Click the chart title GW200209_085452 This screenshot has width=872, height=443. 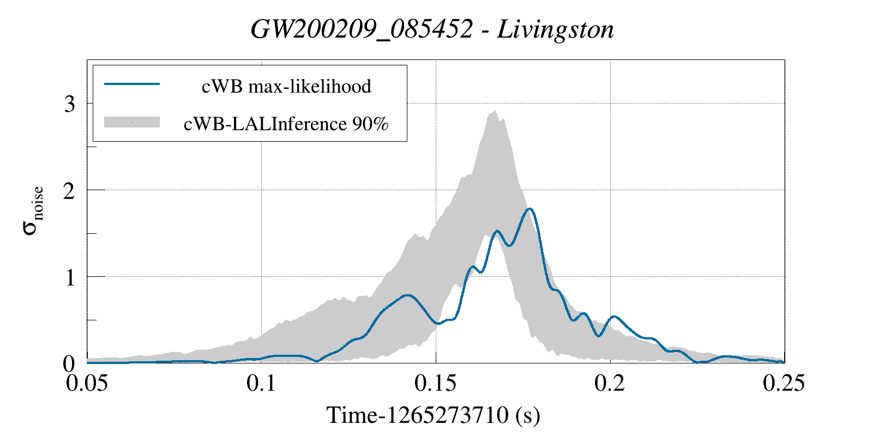pyautogui.click(x=361, y=29)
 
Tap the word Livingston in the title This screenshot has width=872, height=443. pyautogui.click(x=556, y=29)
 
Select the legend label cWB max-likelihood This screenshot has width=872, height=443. pyautogui.click(x=286, y=86)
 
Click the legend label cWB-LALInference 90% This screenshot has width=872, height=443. pyautogui.click(x=286, y=124)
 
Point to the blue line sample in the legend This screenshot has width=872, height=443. pyautogui.click(x=131, y=84)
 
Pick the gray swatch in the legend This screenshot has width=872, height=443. pyautogui.click(x=131, y=122)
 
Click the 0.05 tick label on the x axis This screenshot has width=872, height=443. pyautogui.click(x=87, y=383)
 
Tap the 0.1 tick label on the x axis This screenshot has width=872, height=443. pyautogui.click(x=261, y=383)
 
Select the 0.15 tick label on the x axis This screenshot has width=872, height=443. pyautogui.click(x=436, y=383)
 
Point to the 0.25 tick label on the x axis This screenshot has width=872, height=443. pyautogui.click(x=784, y=383)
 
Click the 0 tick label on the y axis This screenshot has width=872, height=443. pyautogui.click(x=69, y=363)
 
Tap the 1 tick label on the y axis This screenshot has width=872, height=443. pyautogui.click(x=69, y=277)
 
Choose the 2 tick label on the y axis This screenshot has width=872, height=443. pyautogui.click(x=69, y=191)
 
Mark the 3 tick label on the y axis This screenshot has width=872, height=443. pyautogui.click(x=69, y=104)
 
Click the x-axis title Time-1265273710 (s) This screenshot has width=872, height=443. pyautogui.click(x=433, y=415)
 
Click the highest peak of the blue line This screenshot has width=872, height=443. pyautogui.click(x=529, y=209)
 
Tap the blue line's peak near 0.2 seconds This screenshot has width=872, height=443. pyautogui.click(x=615, y=317)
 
